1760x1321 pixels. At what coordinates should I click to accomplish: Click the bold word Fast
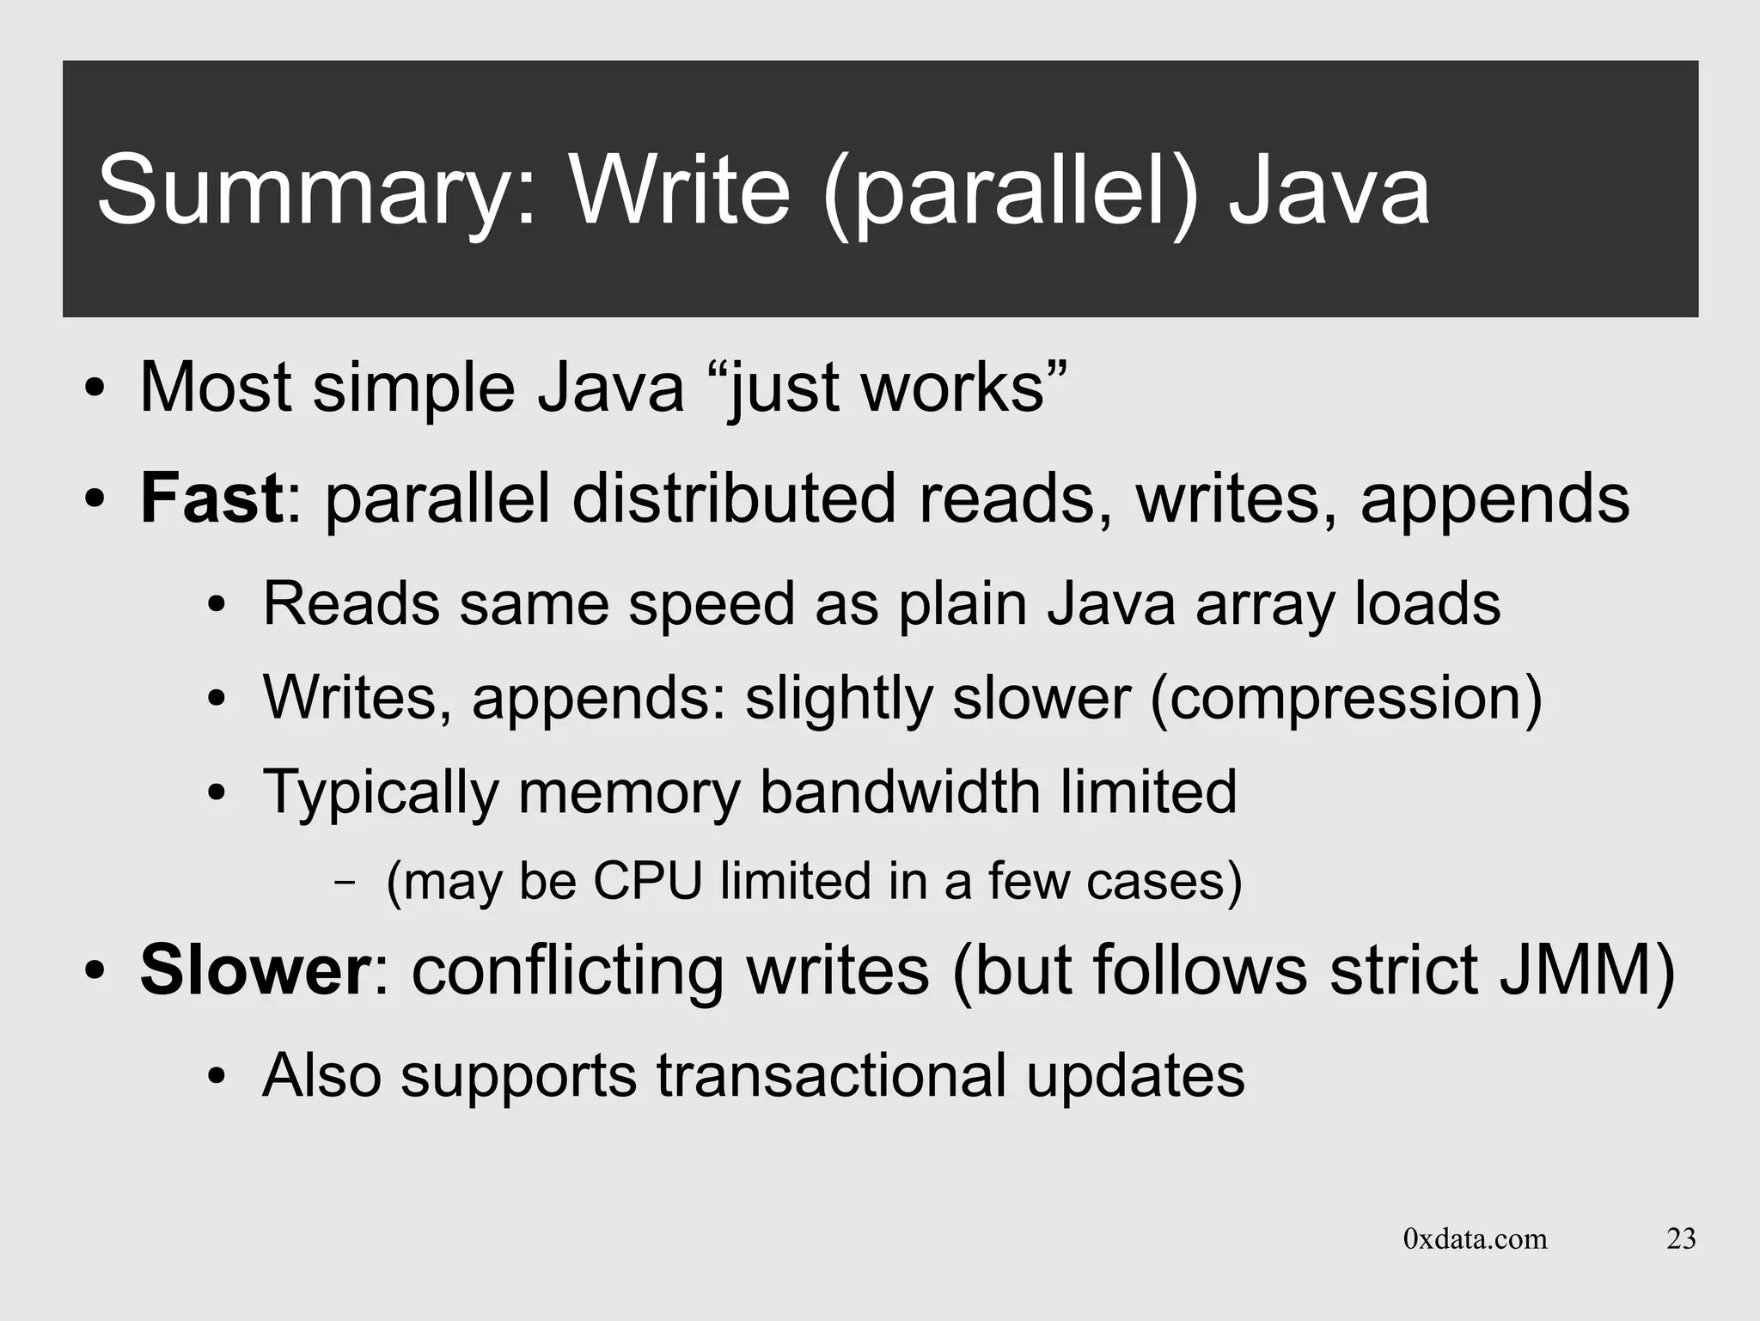tap(211, 498)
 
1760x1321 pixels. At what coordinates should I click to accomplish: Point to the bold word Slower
tap(254, 970)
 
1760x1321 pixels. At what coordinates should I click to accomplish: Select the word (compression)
tap(1346, 697)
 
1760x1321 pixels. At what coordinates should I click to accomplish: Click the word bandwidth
tap(900, 792)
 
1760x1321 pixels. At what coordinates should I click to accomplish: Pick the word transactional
tap(831, 1075)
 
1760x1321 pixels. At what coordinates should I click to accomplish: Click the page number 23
tap(1681, 1238)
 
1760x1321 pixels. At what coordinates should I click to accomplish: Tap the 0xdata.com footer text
tap(1475, 1238)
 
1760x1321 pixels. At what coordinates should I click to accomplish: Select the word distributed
tap(734, 498)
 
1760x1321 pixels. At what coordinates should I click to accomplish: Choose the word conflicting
tap(567, 970)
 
